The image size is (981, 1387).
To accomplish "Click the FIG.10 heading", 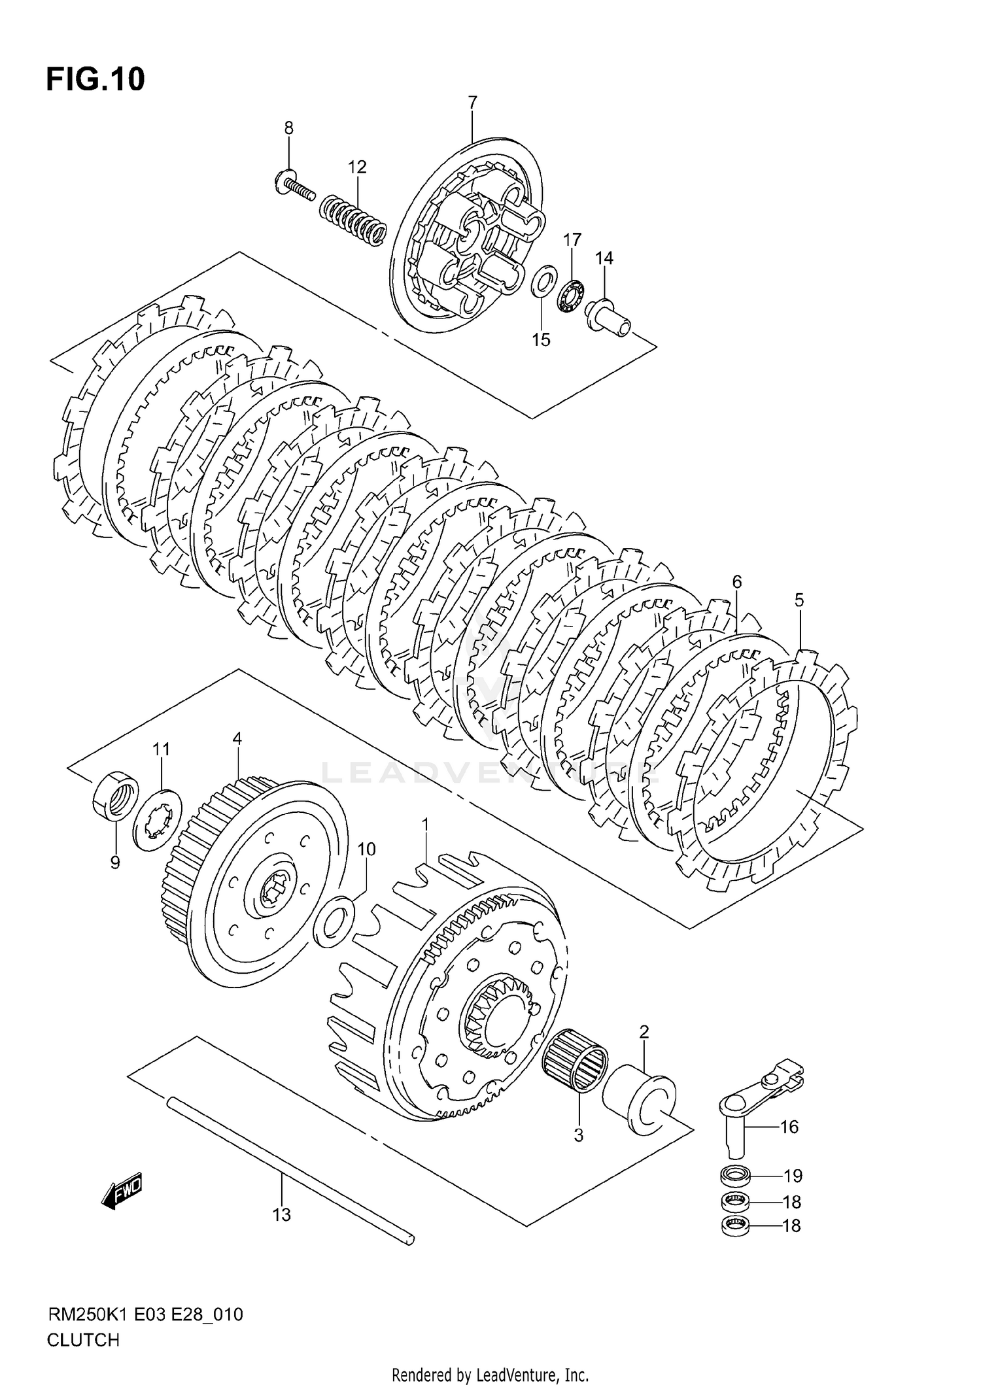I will click(x=95, y=79).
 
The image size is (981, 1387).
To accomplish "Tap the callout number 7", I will click(x=472, y=103).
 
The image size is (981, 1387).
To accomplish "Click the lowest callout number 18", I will click(x=791, y=1225).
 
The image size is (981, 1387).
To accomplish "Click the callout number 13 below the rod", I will click(x=281, y=1215).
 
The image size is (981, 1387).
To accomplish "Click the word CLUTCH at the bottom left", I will click(x=83, y=1340).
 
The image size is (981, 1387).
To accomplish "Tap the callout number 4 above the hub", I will click(x=237, y=738).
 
